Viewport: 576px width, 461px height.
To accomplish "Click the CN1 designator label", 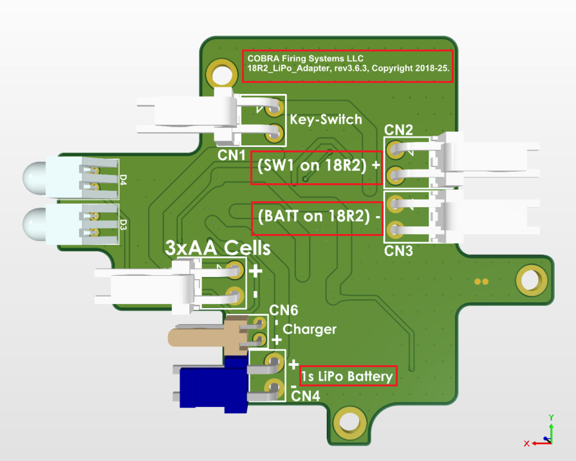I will pyautogui.click(x=231, y=156).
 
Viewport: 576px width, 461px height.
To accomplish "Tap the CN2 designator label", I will pyautogui.click(x=398, y=130).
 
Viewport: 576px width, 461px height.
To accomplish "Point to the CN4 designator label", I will pyautogui.click(x=306, y=395).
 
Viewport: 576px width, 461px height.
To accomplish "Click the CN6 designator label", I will pyautogui.click(x=284, y=312).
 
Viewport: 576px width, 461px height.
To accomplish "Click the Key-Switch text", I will pyautogui.click(x=326, y=120).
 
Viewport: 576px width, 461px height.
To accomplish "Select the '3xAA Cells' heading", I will pyautogui.click(x=218, y=248).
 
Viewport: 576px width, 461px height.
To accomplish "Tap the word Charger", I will pyautogui.click(x=310, y=329).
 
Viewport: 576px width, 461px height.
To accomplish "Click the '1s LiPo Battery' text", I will pyautogui.click(x=348, y=376).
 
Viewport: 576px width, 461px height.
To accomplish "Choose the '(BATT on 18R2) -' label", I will pyautogui.click(x=316, y=217).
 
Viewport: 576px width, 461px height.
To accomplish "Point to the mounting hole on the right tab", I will pyautogui.click(x=530, y=281).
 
